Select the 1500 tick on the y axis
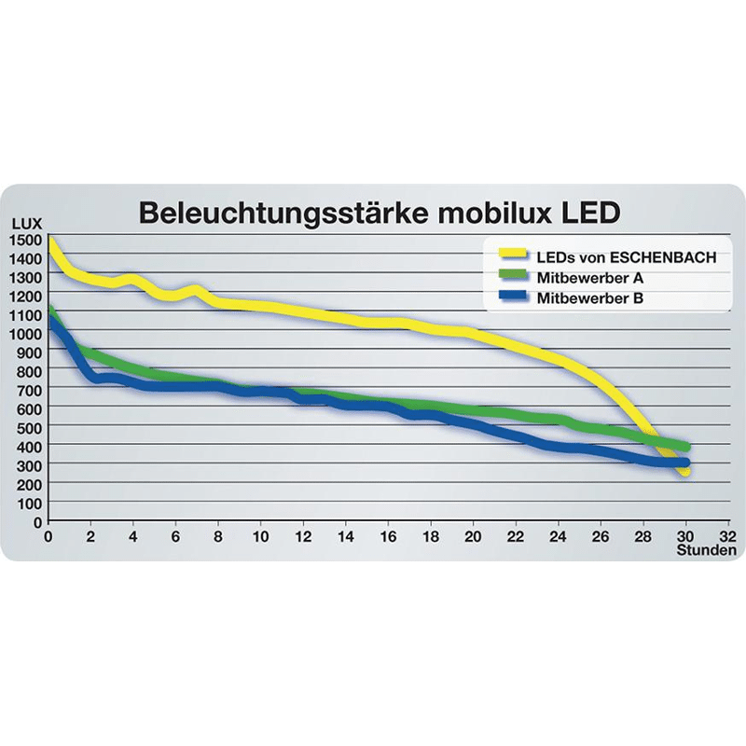pos(25,240)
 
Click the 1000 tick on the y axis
pos(25,333)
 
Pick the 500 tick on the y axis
pos(28,426)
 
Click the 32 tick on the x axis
pos(728,537)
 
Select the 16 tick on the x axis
pos(388,537)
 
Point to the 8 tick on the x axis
pos(218,537)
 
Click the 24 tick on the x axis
pos(558,537)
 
